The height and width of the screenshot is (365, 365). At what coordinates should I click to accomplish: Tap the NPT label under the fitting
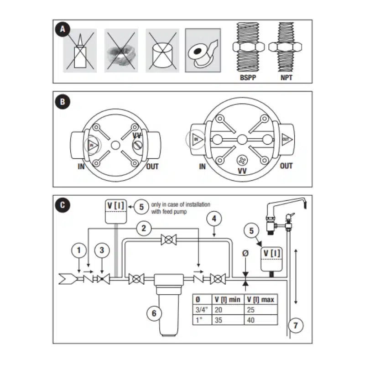point(287,78)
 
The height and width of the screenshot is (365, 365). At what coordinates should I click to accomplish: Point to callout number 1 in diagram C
point(80,250)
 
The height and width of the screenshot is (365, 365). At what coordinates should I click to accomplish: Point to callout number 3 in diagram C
point(102,250)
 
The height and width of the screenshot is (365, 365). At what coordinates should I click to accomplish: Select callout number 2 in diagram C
point(144,228)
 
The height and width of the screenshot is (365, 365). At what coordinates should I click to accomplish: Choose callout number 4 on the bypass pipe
point(213,219)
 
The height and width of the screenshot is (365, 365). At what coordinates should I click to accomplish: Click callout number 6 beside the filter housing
point(154,313)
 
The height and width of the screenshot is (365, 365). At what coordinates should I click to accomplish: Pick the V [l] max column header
point(261,299)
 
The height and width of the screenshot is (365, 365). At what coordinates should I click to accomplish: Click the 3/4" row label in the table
point(201,309)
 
